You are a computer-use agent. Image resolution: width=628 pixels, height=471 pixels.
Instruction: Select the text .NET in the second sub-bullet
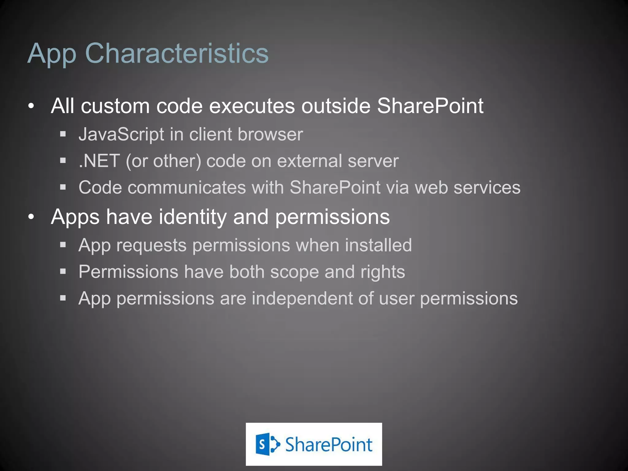(x=99, y=161)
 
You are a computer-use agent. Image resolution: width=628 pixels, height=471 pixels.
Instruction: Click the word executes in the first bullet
(x=252, y=106)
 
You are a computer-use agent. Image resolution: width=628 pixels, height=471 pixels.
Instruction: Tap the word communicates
(x=187, y=187)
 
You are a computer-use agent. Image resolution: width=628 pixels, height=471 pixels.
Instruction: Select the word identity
(x=193, y=217)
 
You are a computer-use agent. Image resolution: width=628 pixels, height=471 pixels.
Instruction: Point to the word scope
(x=294, y=272)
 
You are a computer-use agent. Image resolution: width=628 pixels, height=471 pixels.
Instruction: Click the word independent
(x=302, y=298)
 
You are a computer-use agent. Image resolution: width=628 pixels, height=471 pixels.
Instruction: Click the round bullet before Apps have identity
(x=31, y=217)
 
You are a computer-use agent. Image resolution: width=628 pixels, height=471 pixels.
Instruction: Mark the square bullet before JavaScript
(x=63, y=134)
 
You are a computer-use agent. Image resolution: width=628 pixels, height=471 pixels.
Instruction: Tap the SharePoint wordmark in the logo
(x=329, y=445)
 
